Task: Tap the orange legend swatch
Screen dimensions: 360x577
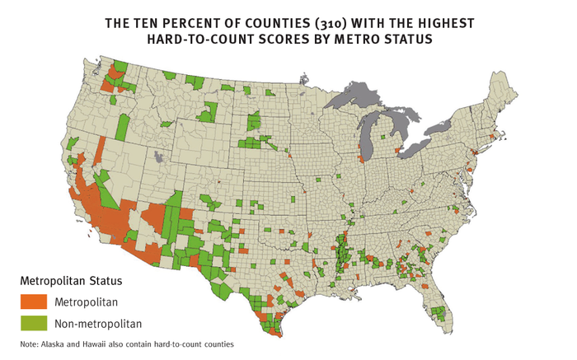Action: tap(34, 302)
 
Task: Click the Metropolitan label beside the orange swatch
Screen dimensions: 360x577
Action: tap(87, 302)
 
